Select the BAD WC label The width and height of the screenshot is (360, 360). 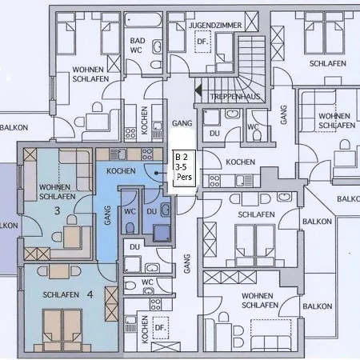[x=138, y=45]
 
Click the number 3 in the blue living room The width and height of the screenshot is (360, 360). [x=57, y=211]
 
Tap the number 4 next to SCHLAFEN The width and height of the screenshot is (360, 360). [x=90, y=294]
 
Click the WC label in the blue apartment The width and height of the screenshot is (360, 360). [x=130, y=210]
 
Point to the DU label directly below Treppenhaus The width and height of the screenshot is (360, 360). [x=213, y=134]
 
